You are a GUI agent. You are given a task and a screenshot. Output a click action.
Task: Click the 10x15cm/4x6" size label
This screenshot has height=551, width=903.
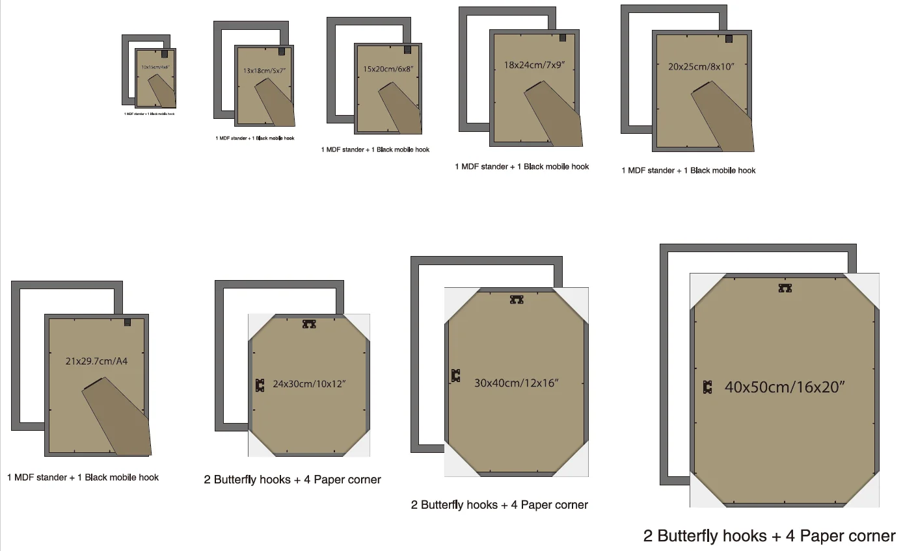(x=155, y=67)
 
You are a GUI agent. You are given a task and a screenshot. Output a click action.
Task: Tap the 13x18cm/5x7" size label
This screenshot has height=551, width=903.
(x=263, y=70)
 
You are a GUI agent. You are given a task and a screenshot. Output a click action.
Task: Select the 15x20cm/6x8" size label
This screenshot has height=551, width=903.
(x=388, y=68)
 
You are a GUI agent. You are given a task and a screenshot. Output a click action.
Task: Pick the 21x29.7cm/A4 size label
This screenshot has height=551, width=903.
(x=96, y=361)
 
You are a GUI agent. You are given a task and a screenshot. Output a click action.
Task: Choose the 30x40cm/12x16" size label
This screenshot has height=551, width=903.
(x=517, y=383)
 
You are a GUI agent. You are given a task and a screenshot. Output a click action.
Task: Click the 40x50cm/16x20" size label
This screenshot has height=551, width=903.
(x=785, y=387)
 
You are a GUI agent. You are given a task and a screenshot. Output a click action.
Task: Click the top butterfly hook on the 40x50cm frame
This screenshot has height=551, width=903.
(x=785, y=288)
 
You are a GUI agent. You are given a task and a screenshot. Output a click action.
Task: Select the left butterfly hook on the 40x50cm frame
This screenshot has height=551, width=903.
(x=708, y=387)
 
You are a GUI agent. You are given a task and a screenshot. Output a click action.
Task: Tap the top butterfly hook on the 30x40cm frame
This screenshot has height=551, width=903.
(x=517, y=300)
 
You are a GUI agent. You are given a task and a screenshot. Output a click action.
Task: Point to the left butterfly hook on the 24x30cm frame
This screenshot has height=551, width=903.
(x=260, y=385)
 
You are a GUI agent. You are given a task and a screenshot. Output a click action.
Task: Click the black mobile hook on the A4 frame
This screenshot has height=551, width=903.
(x=128, y=322)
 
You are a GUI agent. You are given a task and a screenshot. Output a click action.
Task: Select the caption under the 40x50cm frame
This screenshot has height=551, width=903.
(x=769, y=536)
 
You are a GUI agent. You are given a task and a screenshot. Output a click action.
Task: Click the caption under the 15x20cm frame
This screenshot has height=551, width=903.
(x=375, y=149)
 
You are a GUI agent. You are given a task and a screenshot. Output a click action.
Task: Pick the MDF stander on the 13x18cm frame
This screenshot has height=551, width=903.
(x=275, y=103)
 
